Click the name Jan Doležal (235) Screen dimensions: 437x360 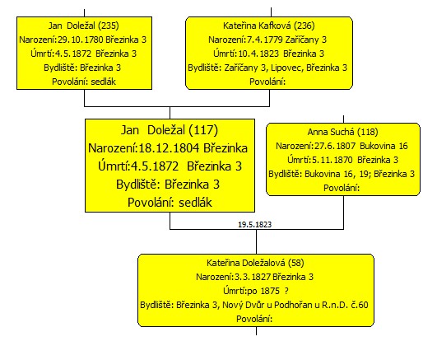84,26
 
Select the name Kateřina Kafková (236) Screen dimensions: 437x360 269,26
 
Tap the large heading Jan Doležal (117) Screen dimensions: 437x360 170,130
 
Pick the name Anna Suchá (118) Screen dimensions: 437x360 343,132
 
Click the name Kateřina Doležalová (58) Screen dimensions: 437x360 255,263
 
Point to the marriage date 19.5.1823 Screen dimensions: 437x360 255,225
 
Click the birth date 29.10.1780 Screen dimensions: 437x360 81,40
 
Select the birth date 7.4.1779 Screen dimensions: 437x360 265,40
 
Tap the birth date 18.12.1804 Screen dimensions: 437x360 169,148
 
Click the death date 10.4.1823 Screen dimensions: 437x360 258,54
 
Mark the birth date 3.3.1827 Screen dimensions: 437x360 253,277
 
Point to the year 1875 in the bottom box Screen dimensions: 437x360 270,291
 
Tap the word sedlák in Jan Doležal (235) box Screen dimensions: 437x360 103,82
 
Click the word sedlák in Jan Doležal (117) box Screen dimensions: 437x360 195,203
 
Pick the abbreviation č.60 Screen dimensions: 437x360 360,305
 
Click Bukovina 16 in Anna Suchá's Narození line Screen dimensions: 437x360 384,146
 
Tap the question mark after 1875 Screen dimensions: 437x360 286,291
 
